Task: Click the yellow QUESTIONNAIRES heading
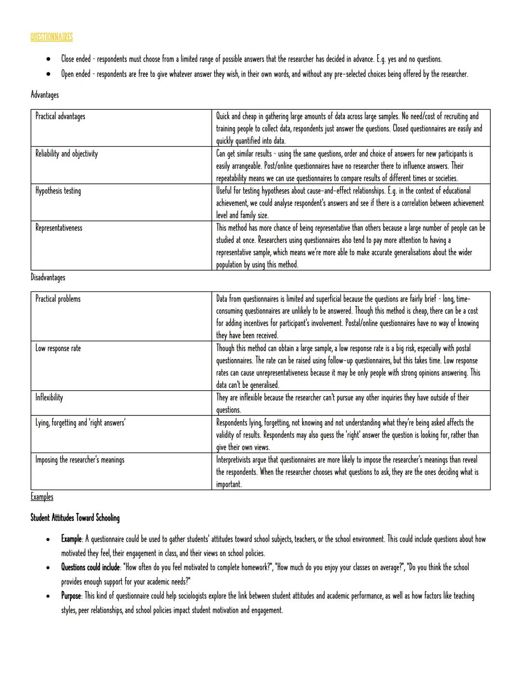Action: [52, 37]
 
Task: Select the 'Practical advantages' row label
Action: [60, 116]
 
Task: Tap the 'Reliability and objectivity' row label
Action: [66, 153]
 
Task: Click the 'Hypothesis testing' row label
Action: [58, 191]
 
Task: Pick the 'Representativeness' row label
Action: [58, 228]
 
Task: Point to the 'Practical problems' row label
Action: [58, 299]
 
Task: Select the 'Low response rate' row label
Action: [58, 348]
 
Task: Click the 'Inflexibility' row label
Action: [49, 398]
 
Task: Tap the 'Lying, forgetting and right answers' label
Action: [80, 423]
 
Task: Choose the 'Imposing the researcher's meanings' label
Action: [80, 460]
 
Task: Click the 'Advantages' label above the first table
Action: [44, 95]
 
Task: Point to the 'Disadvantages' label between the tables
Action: [48, 277]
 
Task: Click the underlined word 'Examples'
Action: [42, 497]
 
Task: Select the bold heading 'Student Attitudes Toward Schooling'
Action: [75, 518]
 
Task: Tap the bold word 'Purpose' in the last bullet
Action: [71, 596]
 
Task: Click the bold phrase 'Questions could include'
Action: [90, 567]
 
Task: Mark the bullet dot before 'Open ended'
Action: [49, 75]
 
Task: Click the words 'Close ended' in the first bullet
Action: [76, 59]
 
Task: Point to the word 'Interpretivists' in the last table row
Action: [233, 460]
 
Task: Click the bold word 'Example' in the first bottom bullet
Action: [71, 539]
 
